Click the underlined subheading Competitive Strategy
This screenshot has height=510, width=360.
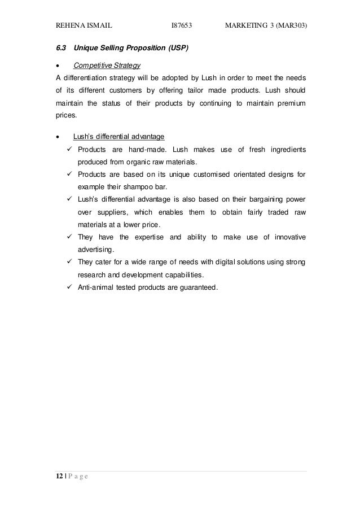click(107, 66)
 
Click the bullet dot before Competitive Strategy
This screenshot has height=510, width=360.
click(56, 66)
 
